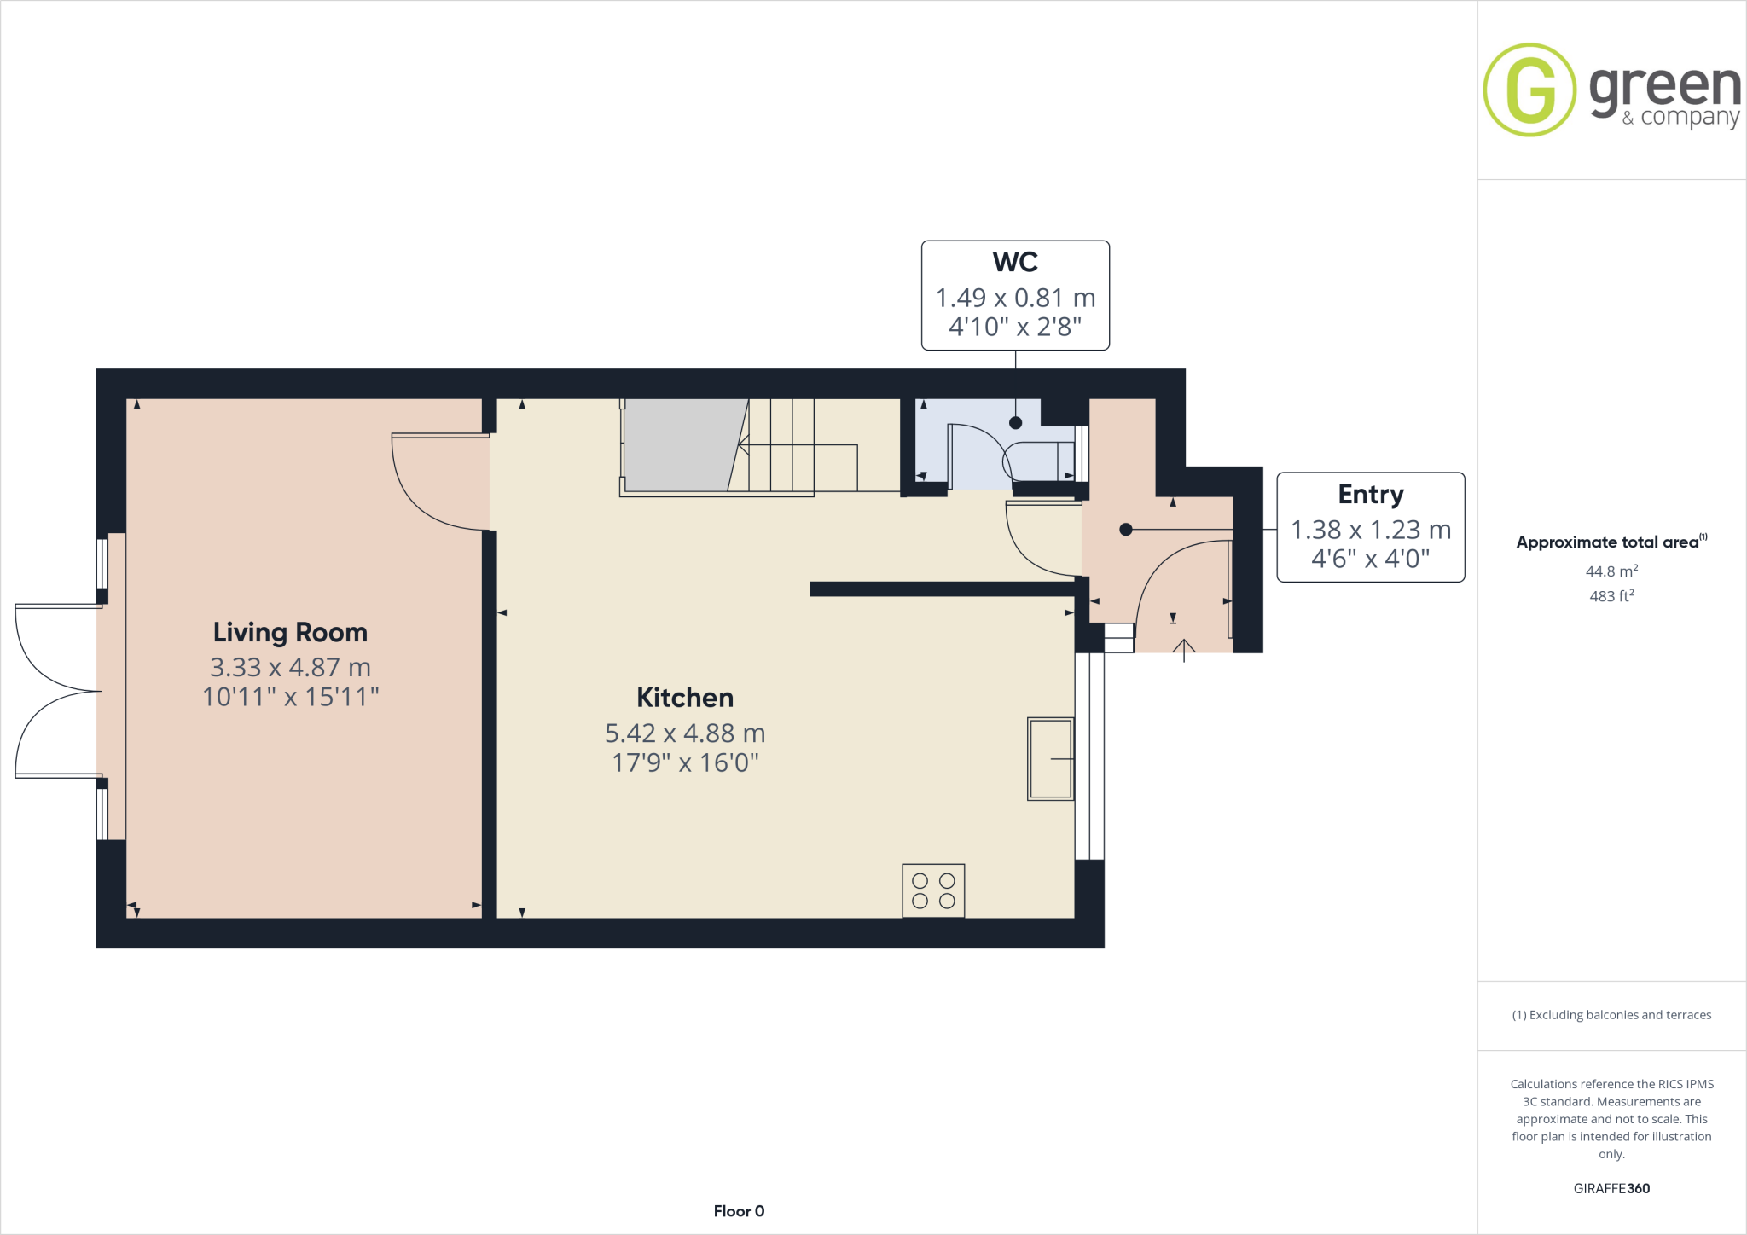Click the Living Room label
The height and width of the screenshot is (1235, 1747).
click(x=290, y=632)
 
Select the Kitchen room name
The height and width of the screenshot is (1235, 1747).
click(x=685, y=698)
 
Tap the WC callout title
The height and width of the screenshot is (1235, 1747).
click(x=1015, y=262)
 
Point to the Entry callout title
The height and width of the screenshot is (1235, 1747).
click(x=1370, y=494)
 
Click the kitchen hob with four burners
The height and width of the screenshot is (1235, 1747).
click(x=933, y=891)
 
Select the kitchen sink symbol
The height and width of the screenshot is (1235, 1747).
click(x=1050, y=759)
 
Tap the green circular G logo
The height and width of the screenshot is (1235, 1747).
click(x=1529, y=90)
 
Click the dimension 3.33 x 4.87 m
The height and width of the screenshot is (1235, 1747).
click(x=290, y=667)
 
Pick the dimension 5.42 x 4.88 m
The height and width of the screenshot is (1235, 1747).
click(x=685, y=733)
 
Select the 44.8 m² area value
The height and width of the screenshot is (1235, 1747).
click(x=1611, y=571)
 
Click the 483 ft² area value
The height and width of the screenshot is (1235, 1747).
click(x=1611, y=596)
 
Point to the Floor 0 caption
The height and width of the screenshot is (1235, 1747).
click(x=739, y=1211)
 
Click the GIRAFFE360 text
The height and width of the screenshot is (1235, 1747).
click(x=1611, y=1188)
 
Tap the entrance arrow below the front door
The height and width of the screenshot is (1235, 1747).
click(x=1184, y=650)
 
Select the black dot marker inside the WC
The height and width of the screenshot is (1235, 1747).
click(x=1015, y=422)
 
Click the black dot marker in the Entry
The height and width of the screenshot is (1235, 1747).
click(x=1125, y=530)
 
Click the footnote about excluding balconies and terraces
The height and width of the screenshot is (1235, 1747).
click(x=1611, y=1015)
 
